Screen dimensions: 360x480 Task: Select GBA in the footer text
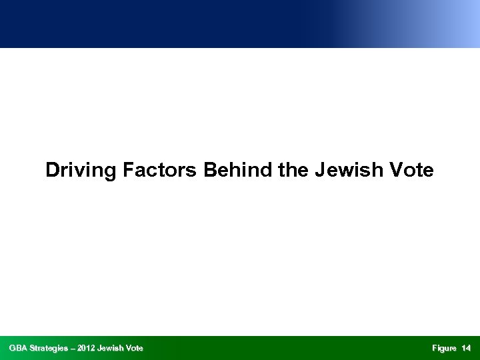point(18,348)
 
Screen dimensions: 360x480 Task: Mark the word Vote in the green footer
point(134,348)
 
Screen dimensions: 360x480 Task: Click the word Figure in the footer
point(444,348)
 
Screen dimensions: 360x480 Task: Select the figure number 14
point(466,348)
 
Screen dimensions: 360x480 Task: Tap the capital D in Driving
point(52,171)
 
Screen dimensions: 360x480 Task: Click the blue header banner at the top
point(240,23)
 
